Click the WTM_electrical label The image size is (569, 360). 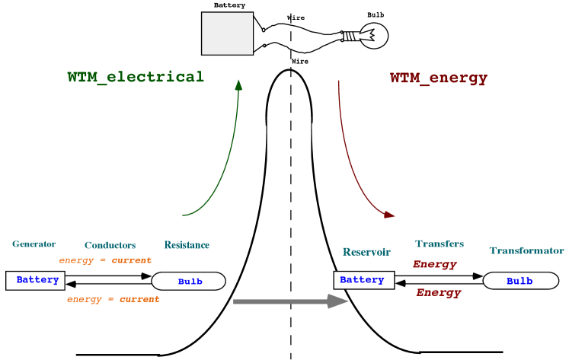136,77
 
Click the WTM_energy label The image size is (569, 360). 439,78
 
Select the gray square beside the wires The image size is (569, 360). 227,33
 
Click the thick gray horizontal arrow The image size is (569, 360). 289,302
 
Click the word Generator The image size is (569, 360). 34,244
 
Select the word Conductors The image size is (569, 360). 110,246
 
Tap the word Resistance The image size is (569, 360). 187,245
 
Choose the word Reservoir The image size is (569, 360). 366,252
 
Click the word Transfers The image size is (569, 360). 440,244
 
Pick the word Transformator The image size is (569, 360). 526,250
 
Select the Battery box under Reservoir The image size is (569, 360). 363,280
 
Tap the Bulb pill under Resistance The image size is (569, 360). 189,282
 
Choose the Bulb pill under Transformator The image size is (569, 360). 520,281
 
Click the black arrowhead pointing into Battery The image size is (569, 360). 401,284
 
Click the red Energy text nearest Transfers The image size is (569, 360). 435,265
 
